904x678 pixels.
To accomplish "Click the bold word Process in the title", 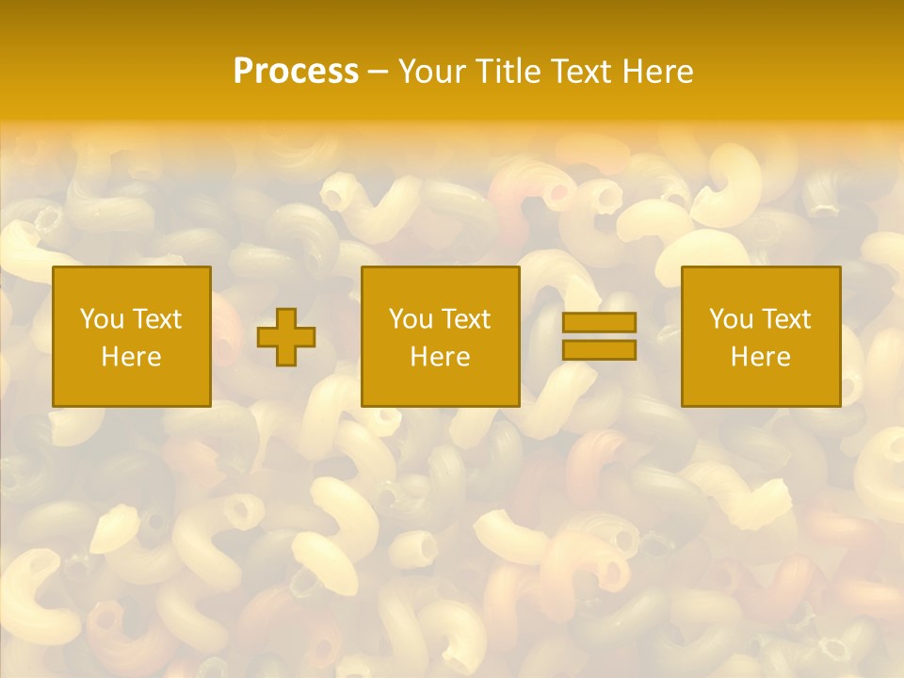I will pos(296,72).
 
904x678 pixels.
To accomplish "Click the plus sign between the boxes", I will pos(286,337).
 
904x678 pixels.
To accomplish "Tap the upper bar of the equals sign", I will pos(599,323).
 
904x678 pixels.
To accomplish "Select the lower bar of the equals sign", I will pos(599,350).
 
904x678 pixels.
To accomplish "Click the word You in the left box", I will pos(101,319).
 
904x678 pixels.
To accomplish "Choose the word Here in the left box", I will pos(131,357).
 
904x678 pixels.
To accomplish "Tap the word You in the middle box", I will pos(410,319).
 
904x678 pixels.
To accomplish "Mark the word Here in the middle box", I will pos(440,357).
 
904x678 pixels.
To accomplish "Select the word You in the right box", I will pos(730,319).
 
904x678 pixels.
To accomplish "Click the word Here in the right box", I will pos(760,357).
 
